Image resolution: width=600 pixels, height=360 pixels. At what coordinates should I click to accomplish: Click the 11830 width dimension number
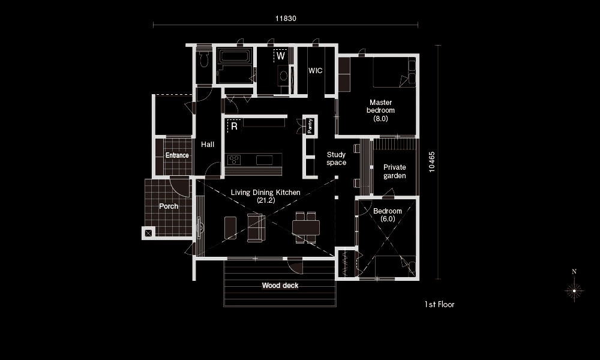(x=286, y=19)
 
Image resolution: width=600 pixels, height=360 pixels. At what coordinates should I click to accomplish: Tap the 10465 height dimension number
(x=431, y=162)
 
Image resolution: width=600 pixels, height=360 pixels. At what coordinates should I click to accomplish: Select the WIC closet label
(x=316, y=70)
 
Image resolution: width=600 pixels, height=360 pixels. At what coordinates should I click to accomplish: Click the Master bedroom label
(x=381, y=110)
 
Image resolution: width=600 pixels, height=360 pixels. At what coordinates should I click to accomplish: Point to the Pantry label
(x=310, y=125)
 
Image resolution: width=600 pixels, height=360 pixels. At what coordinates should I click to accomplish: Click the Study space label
(x=337, y=158)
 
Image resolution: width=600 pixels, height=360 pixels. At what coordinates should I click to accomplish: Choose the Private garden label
(x=395, y=172)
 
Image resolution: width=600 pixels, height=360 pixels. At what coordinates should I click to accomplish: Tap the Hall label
(x=208, y=144)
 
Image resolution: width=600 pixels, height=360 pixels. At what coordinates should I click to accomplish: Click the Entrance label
(x=177, y=155)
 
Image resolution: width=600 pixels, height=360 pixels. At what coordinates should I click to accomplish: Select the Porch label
(x=169, y=206)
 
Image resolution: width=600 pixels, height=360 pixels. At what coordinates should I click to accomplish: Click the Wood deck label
(x=280, y=286)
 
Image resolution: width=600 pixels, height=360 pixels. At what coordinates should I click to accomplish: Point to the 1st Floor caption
(x=439, y=305)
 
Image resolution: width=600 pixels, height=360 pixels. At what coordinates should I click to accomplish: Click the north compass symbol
(x=574, y=286)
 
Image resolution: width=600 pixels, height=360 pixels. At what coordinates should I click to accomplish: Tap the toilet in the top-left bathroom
(x=204, y=59)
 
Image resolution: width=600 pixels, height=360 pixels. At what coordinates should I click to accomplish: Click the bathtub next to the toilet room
(x=234, y=56)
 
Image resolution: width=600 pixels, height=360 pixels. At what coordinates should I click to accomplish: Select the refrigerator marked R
(x=234, y=126)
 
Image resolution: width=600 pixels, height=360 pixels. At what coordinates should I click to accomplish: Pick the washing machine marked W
(x=280, y=55)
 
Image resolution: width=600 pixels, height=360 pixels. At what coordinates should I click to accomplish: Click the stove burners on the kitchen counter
(x=234, y=160)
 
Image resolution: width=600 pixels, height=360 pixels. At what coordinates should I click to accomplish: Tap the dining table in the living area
(x=306, y=227)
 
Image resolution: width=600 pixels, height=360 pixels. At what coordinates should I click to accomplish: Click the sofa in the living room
(x=256, y=227)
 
